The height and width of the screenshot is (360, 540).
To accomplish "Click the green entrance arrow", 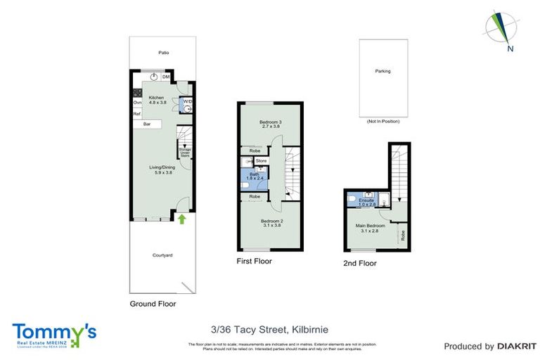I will (182, 219).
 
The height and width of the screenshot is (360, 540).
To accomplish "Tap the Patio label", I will (163, 53).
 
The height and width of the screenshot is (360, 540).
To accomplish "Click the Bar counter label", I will (147, 124).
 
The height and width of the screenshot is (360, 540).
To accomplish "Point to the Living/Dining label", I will (160, 167).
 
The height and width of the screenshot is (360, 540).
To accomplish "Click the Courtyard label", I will (163, 255).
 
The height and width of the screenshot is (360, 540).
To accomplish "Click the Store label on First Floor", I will (261, 161).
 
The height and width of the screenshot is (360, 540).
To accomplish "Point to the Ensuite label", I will (366, 201).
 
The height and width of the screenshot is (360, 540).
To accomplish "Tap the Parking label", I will (382, 71).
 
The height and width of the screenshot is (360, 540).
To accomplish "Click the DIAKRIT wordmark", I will (517, 346).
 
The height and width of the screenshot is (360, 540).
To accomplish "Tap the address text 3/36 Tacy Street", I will (269, 328).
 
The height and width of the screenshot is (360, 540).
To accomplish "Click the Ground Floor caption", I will (153, 304).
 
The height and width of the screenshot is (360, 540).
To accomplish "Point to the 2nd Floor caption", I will (360, 264).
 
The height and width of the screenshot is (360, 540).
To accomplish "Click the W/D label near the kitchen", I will (188, 103).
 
